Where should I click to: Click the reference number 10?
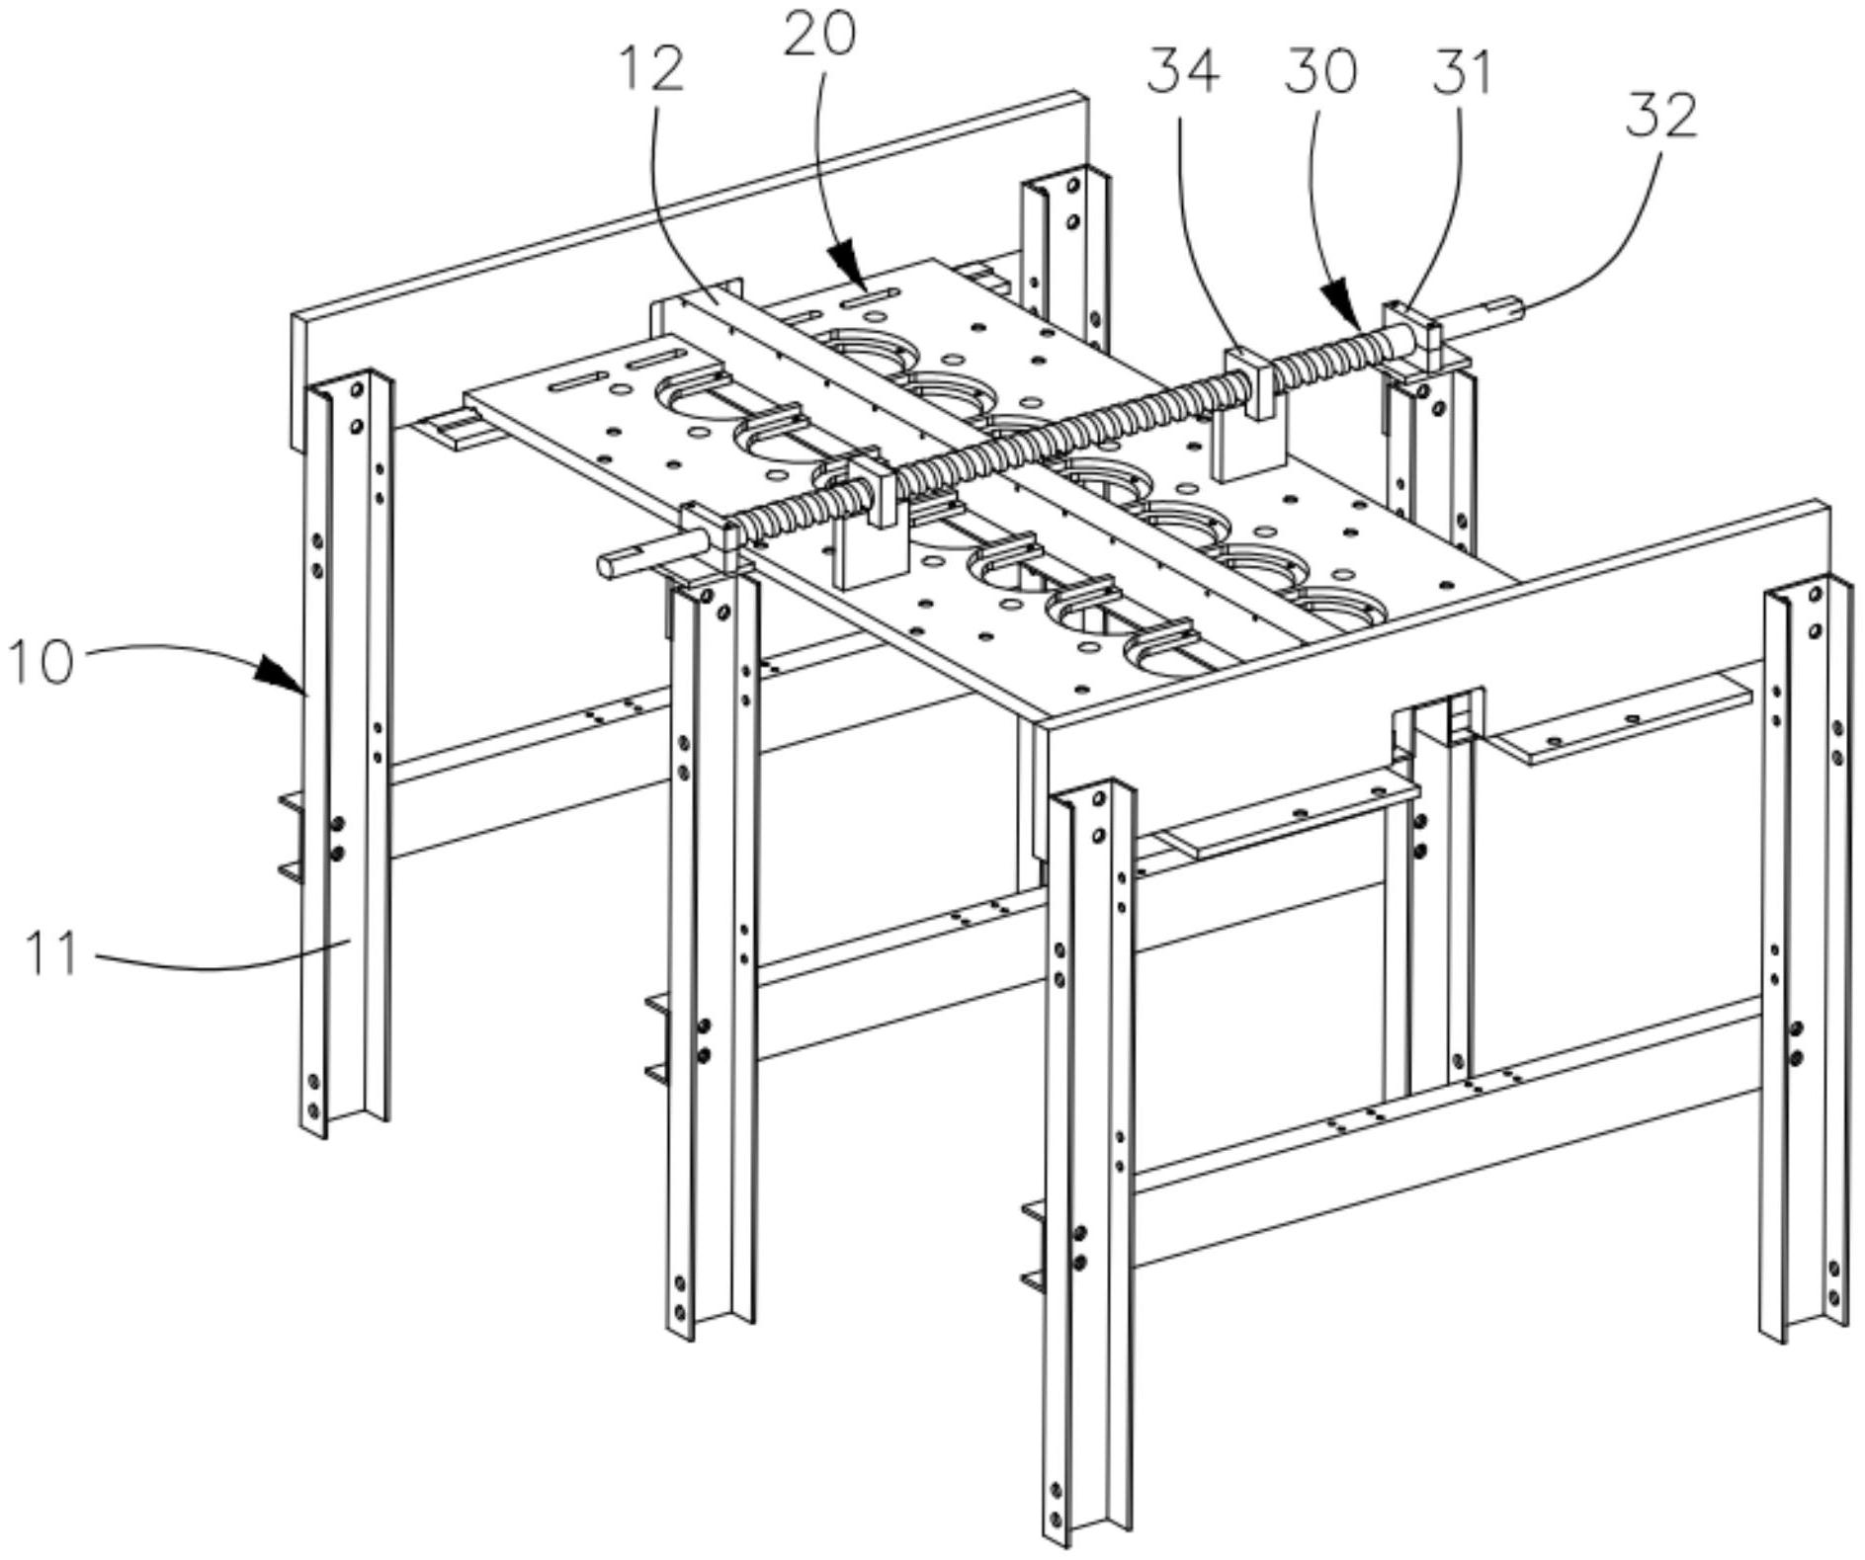click(42, 661)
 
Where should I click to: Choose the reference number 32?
click(1661, 116)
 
